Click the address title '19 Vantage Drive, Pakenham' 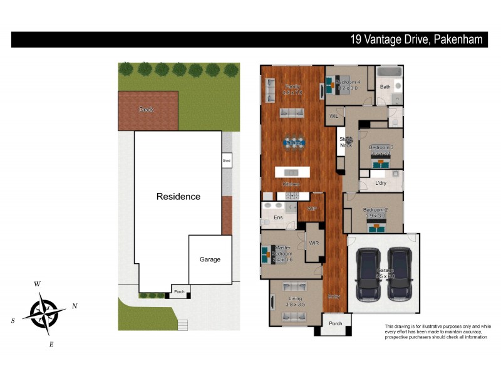pos(416,39)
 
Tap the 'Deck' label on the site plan pos(146,110)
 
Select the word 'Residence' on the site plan pos(178,196)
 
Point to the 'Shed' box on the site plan pos(227,160)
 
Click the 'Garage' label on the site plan pos(210,259)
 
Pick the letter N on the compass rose pos(75,306)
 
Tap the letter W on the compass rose pos(38,284)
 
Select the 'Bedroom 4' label pos(348,82)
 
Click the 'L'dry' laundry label pos(381,183)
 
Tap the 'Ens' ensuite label pos(278,217)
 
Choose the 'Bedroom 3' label pos(381,147)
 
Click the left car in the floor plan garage pos(368,274)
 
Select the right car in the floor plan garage pos(398,274)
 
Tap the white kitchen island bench pos(292,172)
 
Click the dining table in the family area pos(293,143)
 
